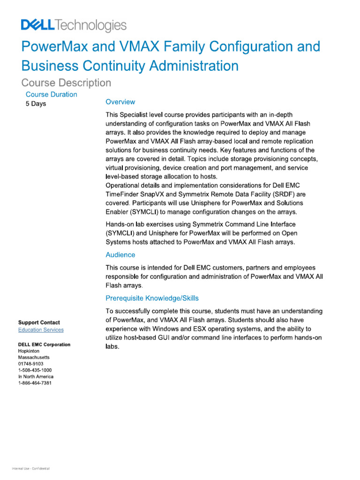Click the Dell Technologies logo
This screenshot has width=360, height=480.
click(74, 25)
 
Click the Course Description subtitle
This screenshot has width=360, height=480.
click(67, 83)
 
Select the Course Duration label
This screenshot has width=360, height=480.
click(52, 94)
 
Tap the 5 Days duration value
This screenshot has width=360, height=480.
click(36, 104)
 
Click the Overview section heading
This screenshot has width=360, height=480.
click(120, 102)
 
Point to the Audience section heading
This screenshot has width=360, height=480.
click(120, 255)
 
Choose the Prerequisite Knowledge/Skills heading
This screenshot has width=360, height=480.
click(152, 298)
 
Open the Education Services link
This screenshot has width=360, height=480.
click(41, 330)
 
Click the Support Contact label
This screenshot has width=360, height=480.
click(39, 322)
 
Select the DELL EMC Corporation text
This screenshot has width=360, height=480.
click(44, 345)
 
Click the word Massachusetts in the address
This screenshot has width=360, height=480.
click(34, 357)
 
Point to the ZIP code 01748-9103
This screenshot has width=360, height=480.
click(31, 364)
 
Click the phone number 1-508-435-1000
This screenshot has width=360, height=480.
click(35, 370)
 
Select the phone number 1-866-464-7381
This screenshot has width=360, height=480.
click(35, 383)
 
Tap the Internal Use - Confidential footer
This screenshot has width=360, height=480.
click(31, 469)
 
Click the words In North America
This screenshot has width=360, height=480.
click(36, 376)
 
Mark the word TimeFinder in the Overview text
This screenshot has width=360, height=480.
click(124, 194)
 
